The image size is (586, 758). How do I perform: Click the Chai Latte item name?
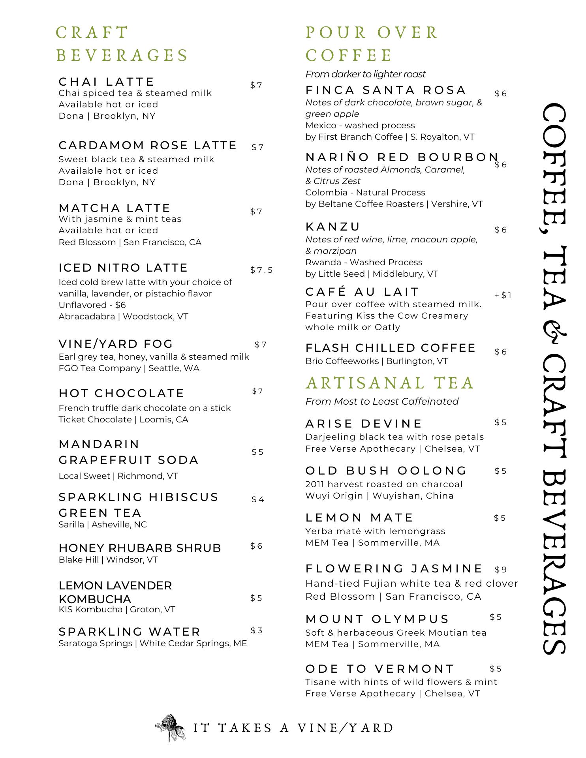(106, 82)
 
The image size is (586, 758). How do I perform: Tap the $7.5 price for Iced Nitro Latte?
(261, 270)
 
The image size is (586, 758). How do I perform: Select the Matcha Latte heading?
(115, 208)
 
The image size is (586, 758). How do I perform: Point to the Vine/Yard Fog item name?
(116, 344)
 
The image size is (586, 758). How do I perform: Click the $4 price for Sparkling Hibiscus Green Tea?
(258, 499)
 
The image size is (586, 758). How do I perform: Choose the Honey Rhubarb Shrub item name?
(140, 548)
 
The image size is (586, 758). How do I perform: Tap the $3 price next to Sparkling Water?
(257, 630)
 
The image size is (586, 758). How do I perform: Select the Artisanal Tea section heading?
(389, 383)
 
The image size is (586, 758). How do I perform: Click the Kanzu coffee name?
(333, 227)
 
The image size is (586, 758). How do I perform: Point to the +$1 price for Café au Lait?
(503, 295)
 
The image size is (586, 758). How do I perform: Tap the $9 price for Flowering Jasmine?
(501, 570)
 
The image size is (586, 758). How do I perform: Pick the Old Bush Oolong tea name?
(386, 471)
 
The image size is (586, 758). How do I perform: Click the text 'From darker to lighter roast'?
(365, 74)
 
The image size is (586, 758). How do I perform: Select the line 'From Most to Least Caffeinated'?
(381, 402)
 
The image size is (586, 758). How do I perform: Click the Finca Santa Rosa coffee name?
(386, 90)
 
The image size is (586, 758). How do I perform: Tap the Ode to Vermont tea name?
(380, 669)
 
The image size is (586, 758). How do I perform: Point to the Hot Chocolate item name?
(121, 393)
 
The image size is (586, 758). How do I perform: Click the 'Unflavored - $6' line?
(92, 305)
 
